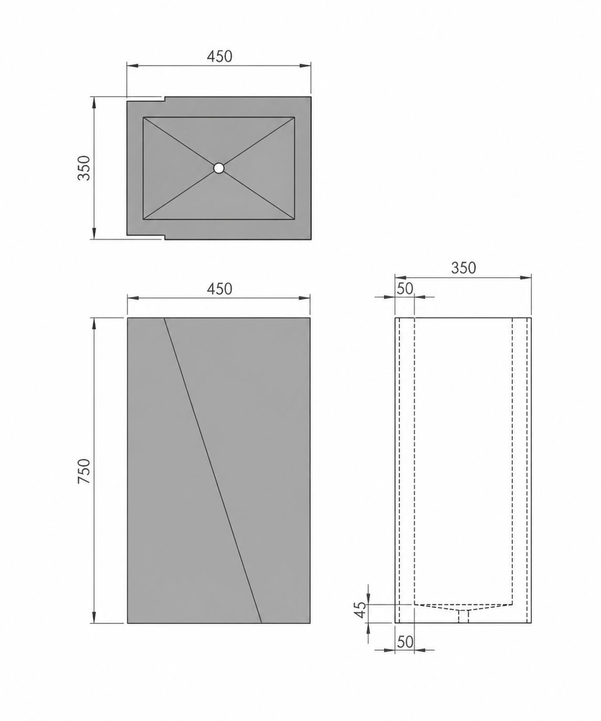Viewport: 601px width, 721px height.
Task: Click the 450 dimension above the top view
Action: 219,57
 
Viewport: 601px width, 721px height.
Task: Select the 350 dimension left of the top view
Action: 84,168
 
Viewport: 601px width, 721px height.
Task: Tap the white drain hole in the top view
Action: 219,168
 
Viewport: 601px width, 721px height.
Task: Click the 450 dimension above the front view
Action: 219,289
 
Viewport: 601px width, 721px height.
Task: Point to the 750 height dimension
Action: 84,471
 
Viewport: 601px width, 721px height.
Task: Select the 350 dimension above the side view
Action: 463,268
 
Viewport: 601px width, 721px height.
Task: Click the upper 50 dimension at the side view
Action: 405,289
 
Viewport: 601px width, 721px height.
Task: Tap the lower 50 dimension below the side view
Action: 405,642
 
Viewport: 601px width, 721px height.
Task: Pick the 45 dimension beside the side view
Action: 361,610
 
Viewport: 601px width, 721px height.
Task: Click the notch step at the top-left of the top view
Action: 164,99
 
